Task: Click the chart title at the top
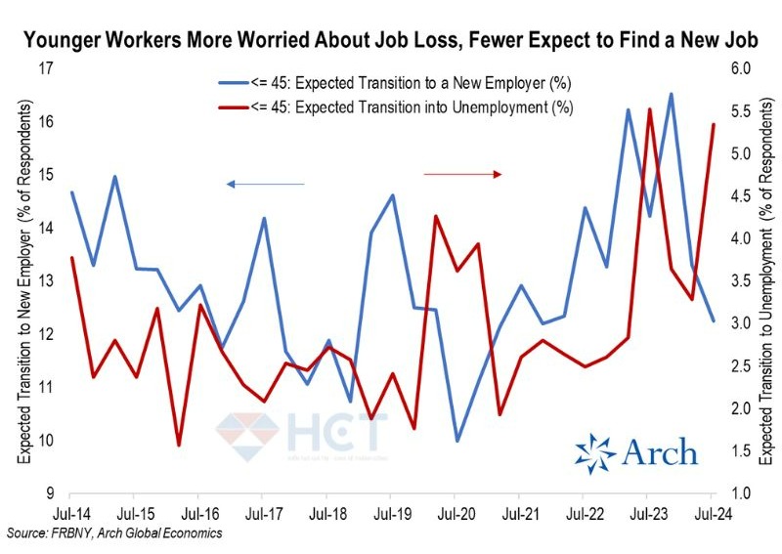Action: [390, 41]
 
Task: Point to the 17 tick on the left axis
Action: [44, 69]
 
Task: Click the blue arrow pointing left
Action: [265, 184]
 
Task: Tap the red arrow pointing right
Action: [462, 174]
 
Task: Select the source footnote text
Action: [113, 533]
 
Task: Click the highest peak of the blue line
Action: [671, 94]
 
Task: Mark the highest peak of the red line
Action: [650, 109]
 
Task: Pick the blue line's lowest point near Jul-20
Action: [456, 441]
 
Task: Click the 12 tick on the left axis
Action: [44, 334]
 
